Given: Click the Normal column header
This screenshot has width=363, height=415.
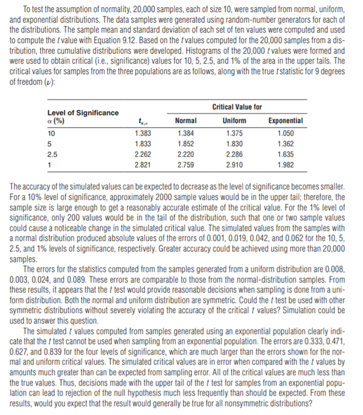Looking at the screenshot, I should [185, 120].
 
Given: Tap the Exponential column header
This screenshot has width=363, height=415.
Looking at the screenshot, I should [287, 120].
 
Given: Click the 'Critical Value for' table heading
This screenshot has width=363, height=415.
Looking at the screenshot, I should [237, 107].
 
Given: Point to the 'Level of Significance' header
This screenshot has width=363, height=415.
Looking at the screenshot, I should [83, 113].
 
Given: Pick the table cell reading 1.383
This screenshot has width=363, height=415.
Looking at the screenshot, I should [142, 132].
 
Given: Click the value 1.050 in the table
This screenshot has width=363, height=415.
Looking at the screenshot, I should [287, 132].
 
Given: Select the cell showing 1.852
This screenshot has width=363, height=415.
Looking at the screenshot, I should [185, 143].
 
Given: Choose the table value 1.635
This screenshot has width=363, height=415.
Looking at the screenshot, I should [287, 154].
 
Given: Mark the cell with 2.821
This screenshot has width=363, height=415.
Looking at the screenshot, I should [142, 165].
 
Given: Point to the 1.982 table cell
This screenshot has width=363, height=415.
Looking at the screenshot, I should [287, 165].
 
